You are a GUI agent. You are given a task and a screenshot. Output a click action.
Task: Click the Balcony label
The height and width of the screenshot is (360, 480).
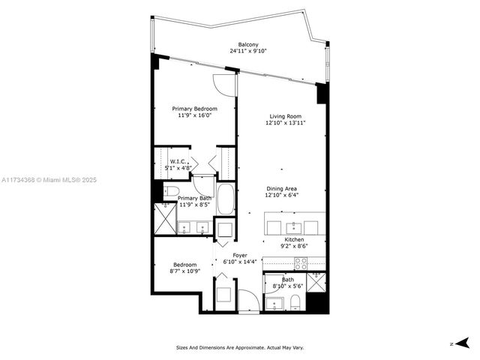[247, 44]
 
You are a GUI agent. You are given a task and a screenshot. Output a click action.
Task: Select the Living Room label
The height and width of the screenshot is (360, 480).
[286, 116]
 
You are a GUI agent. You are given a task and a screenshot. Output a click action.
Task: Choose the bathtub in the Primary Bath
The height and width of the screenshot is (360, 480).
[225, 200]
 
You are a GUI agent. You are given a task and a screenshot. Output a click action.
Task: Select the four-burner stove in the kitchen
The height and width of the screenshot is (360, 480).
[302, 264]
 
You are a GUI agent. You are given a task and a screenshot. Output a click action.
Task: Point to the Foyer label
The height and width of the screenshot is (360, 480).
[240, 255]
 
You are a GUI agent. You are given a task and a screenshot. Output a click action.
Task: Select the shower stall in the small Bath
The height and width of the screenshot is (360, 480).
[318, 283]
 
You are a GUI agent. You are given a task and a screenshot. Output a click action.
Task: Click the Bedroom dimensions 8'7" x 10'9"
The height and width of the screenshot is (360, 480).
[185, 272]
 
